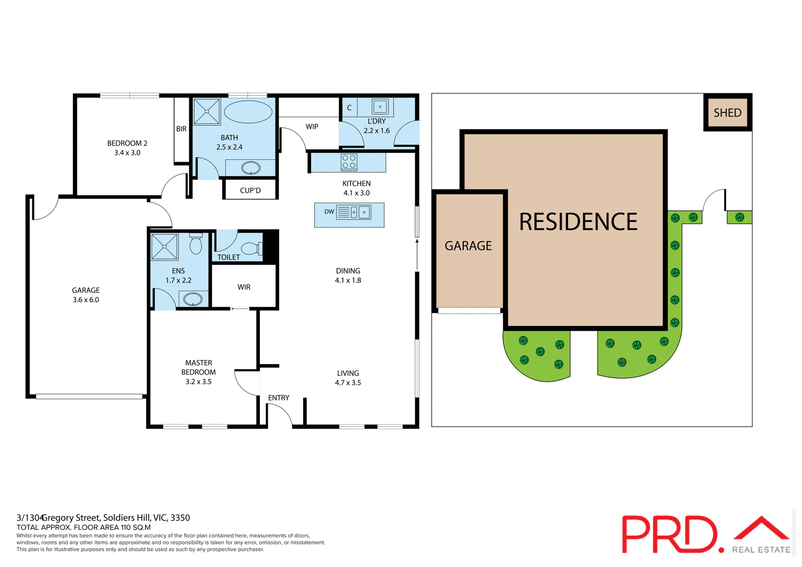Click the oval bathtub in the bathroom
(x=248, y=112)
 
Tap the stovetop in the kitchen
(x=349, y=162)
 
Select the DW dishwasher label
(x=329, y=212)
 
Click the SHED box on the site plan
(x=727, y=113)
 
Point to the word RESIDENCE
(x=578, y=222)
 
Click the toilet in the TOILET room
(x=251, y=249)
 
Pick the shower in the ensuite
(x=164, y=247)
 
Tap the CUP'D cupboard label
(x=250, y=191)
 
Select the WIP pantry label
(x=312, y=127)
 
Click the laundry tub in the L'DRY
(x=380, y=107)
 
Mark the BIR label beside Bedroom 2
(x=181, y=129)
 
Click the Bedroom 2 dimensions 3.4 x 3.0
(x=127, y=153)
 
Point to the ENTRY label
(x=279, y=398)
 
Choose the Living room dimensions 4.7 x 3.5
(x=348, y=383)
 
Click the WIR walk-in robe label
(x=244, y=287)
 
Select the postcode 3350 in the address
(x=180, y=518)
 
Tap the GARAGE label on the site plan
(x=468, y=246)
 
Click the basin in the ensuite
(x=193, y=299)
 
